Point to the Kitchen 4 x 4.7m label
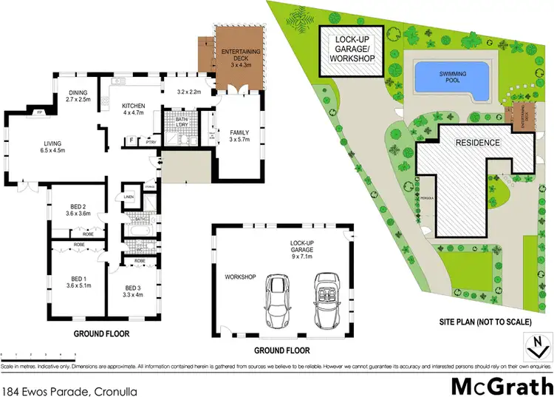pos(133,109)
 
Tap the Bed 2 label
pos(77,209)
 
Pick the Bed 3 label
pos(133,289)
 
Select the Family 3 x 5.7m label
pos(239,135)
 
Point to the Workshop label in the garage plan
pos(239,277)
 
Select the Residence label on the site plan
pos(477,143)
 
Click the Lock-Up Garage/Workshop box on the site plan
pos(351,50)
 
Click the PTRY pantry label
pos(151,143)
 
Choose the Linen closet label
pos(129,197)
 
